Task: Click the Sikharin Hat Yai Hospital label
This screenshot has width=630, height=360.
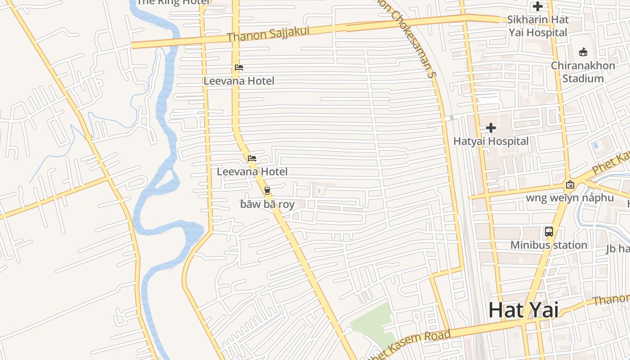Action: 538,26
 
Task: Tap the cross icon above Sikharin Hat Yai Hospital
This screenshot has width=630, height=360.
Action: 538,7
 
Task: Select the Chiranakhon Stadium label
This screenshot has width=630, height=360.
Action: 583,72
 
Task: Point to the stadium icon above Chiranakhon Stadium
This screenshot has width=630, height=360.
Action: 583,52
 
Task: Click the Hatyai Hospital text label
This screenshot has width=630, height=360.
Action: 491,141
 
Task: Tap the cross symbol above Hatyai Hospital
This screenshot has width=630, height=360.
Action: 491,128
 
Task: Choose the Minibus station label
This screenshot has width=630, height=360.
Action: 549,245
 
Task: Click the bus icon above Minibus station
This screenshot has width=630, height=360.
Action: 549,232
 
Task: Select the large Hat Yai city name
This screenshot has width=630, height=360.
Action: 523,310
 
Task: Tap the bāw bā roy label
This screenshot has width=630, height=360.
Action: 267,204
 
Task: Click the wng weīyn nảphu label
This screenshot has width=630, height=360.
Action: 570,198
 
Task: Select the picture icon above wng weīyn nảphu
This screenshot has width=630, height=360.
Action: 570,184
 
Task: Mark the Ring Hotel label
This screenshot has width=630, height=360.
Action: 173,2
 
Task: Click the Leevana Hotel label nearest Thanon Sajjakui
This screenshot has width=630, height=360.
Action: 239,81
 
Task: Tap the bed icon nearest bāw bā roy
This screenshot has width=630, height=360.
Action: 252,158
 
